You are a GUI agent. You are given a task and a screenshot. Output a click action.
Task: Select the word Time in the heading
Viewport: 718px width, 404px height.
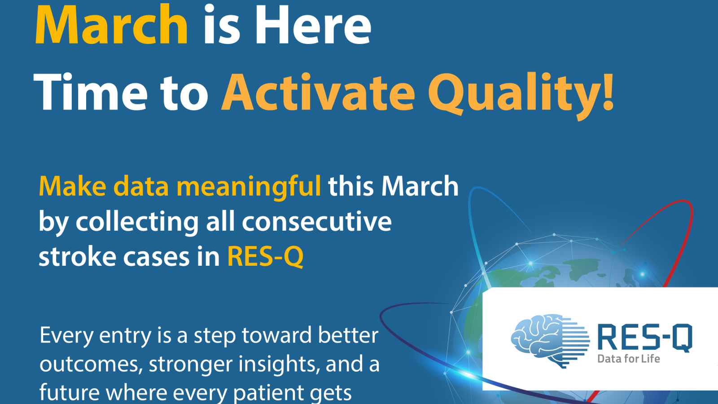[x=90, y=92]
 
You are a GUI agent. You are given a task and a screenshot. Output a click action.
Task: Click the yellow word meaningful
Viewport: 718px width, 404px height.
[x=249, y=188]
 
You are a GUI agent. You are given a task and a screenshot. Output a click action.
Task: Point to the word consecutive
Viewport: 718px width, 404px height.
[x=317, y=222]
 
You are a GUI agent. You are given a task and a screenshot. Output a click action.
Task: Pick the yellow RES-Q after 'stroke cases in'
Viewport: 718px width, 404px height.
[x=265, y=257]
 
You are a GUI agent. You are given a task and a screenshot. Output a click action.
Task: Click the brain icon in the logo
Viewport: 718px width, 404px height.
[x=550, y=341]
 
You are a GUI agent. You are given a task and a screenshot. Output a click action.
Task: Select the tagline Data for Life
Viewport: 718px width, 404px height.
[x=629, y=359]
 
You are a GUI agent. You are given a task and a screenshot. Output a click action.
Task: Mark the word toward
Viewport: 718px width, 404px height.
[x=276, y=335]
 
